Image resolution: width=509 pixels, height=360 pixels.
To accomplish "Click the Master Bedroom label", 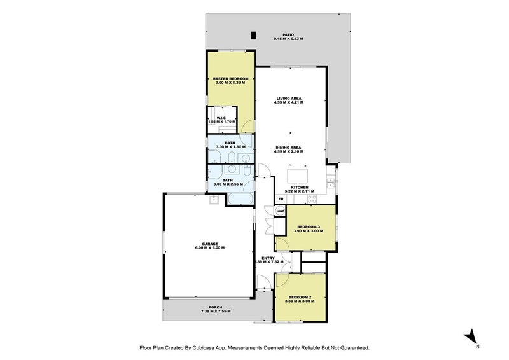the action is (230, 79).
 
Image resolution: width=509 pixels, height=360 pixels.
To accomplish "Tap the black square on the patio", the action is (253, 36).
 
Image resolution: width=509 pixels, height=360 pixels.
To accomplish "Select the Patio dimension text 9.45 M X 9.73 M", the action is (288, 39).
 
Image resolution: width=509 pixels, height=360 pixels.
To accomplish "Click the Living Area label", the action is (289, 99).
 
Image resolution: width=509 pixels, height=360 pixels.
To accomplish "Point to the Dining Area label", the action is (288, 148).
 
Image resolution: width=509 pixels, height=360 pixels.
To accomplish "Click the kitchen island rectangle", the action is (297, 176).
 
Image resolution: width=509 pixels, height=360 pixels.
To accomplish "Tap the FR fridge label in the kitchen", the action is (281, 198).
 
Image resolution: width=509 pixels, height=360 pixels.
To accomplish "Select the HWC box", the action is (280, 211).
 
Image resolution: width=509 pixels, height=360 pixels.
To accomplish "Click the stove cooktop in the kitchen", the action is (312, 198).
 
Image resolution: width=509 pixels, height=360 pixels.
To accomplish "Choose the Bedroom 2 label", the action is (300, 297).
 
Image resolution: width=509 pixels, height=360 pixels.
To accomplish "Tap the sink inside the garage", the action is (214, 200).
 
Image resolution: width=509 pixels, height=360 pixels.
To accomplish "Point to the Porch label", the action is (216, 307).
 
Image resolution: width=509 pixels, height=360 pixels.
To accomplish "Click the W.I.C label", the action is (221, 118).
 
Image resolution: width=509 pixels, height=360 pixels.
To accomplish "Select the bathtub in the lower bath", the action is (241, 199).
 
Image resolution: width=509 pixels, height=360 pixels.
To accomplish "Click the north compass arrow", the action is (470, 336).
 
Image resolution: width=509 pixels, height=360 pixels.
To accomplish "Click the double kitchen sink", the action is (331, 183).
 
